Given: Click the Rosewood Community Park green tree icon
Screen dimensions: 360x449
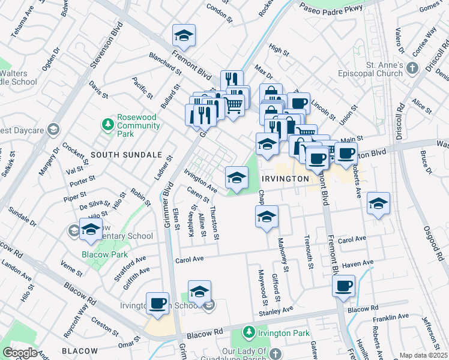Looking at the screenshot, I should pos(107,124).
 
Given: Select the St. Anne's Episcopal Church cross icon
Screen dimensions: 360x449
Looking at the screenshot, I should pos(412,68).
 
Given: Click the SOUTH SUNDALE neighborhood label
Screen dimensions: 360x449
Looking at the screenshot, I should pos(118,155).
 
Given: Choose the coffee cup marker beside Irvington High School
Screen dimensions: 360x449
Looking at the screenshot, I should pos(158,303).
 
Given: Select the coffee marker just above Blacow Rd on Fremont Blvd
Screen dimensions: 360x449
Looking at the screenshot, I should pos(343,286).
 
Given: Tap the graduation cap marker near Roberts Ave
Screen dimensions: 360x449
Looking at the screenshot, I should pos(378,203).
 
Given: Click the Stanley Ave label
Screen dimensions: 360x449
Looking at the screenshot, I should pos(275,311).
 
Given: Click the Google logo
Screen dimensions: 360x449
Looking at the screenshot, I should pos(20,352).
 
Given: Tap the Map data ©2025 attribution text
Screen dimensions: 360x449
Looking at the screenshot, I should pos(423,355).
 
